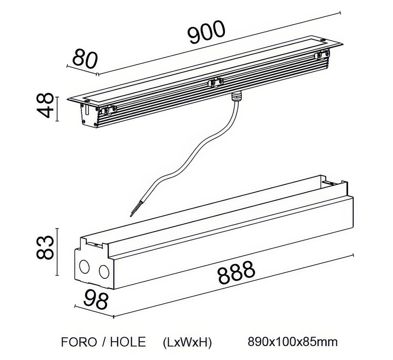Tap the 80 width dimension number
tap(85, 59)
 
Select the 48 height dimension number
tap(45, 105)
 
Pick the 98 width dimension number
tap(96, 300)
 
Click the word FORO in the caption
tap(79, 342)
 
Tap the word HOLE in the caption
tap(128, 342)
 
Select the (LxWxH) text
tap(187, 342)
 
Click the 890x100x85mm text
tap(292, 342)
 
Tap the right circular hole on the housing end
tap(104, 271)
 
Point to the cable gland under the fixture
tap(236, 96)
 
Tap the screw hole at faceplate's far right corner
tap(323, 40)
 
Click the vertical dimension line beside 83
tap(58, 252)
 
